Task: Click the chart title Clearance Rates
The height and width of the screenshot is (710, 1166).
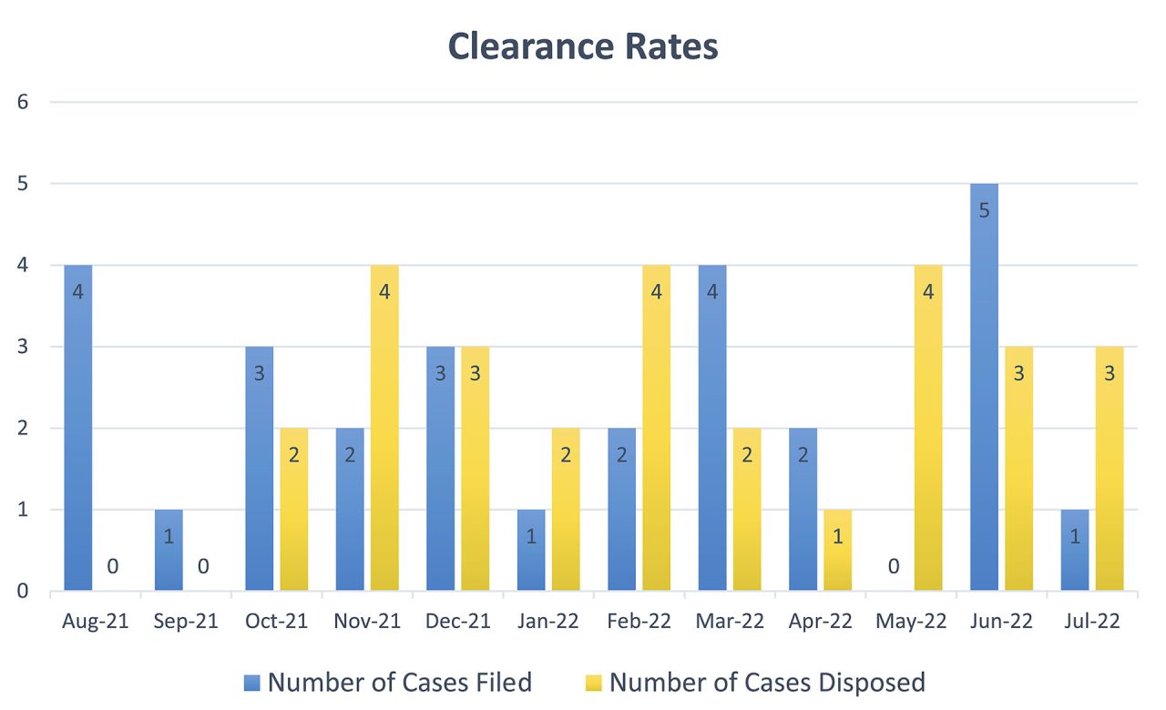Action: tap(583, 46)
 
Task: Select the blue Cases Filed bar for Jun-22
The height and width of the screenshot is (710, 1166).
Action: tap(984, 387)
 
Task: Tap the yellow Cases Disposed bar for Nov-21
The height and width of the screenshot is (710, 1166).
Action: tap(384, 428)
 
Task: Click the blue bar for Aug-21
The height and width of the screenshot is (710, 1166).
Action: tap(77, 428)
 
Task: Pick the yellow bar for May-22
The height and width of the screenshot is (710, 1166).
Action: tap(928, 428)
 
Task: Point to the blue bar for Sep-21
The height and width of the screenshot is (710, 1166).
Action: tap(169, 550)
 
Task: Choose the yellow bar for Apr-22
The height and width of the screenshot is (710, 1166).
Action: tap(837, 550)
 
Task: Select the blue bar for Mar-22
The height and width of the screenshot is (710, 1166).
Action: tap(712, 428)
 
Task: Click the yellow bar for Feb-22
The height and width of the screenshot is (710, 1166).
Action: tap(656, 428)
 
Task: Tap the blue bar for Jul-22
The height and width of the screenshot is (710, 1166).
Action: tap(1075, 550)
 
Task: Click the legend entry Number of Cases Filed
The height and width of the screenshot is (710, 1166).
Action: tap(389, 682)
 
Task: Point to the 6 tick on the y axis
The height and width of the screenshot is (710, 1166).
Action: tap(23, 102)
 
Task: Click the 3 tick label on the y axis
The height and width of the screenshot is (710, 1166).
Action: tap(23, 347)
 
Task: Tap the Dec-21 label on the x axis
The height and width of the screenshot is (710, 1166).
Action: tap(458, 622)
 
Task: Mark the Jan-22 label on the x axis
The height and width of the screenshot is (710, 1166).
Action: tap(548, 622)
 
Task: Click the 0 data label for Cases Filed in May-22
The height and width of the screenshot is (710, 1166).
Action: tap(894, 566)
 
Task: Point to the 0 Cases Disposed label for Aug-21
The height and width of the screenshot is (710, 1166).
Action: tap(113, 566)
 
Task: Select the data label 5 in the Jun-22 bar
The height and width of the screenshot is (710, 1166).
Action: tap(984, 210)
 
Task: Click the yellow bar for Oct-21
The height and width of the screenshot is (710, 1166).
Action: tap(293, 509)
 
